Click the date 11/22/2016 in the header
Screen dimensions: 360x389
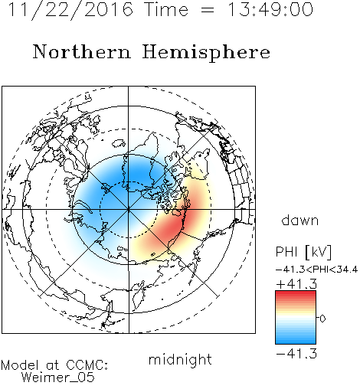click(70, 10)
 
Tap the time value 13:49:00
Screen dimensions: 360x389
click(270, 10)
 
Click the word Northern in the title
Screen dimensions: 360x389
click(82, 51)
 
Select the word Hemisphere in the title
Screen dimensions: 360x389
click(206, 53)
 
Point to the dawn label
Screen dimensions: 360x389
click(300, 220)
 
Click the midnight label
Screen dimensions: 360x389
click(180, 360)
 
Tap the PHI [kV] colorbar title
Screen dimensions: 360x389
click(303, 252)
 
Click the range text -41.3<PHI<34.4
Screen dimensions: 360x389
click(316, 270)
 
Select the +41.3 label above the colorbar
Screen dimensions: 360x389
click(296, 284)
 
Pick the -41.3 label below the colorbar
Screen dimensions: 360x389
click(296, 354)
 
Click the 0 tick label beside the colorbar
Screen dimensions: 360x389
click(322, 319)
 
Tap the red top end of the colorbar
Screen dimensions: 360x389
click(296, 293)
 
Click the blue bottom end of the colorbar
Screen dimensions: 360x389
click(296, 342)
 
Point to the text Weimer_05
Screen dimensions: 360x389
click(58, 378)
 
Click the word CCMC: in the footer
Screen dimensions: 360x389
click(87, 365)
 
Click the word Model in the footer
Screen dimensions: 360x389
click(20, 365)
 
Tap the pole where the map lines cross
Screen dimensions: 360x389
click(129, 210)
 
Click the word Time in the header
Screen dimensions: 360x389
click(166, 10)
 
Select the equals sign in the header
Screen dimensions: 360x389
click(208, 10)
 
